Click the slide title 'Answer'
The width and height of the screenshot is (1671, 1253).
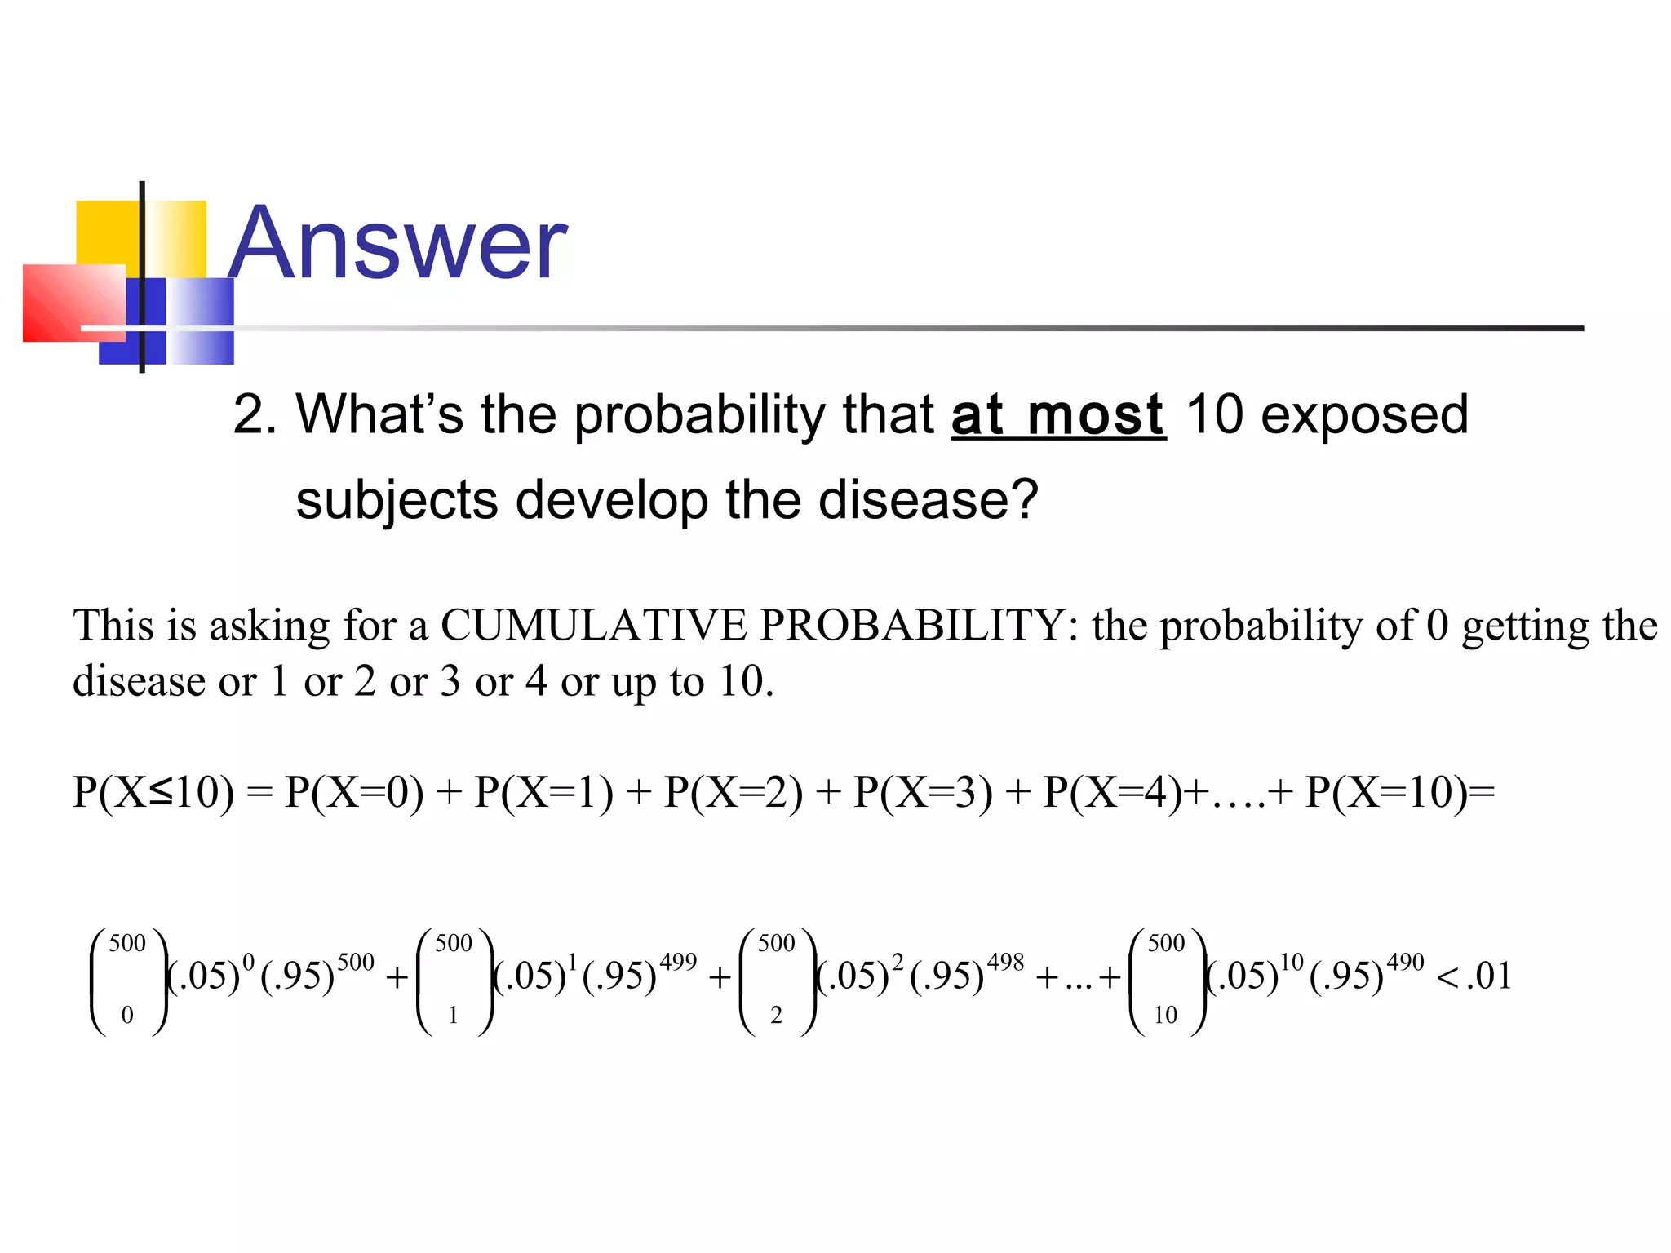tap(397, 243)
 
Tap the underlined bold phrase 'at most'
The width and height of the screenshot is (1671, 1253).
tap(1058, 415)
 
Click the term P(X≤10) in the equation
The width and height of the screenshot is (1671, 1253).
tap(153, 792)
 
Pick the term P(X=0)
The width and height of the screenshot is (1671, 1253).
tap(354, 792)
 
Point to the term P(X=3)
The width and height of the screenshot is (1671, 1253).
tap(923, 792)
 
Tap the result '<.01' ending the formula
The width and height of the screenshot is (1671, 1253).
tap(1474, 976)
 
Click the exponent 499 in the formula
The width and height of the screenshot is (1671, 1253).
tap(678, 963)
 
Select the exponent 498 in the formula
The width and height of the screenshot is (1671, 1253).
tap(1005, 963)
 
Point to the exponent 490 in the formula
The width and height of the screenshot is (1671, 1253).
tap(1405, 963)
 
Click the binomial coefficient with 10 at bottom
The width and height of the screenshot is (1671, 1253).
tap(1166, 981)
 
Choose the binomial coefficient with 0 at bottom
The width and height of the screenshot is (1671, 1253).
tap(128, 981)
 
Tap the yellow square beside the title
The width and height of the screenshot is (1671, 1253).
tap(109, 232)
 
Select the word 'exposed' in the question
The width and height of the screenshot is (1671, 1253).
tap(1364, 415)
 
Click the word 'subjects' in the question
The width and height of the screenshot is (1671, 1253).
tap(396, 499)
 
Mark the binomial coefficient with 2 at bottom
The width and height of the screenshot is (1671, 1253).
tap(777, 981)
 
